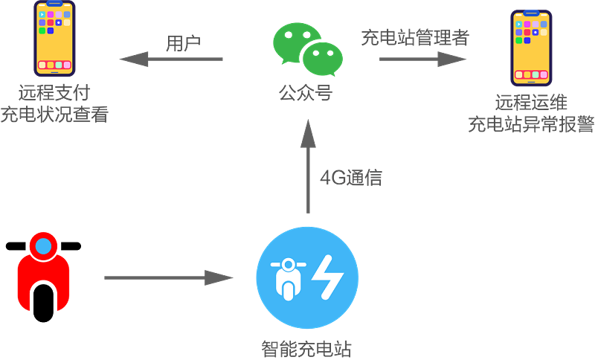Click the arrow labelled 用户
pos(171,60)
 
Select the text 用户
pos(183,43)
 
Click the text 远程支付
pos(54,94)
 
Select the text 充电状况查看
pos(54,115)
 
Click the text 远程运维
pos(531,103)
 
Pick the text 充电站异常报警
pos(531,123)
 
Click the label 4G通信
pos(351,178)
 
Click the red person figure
pos(43,271)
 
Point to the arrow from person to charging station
pos(168,278)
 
